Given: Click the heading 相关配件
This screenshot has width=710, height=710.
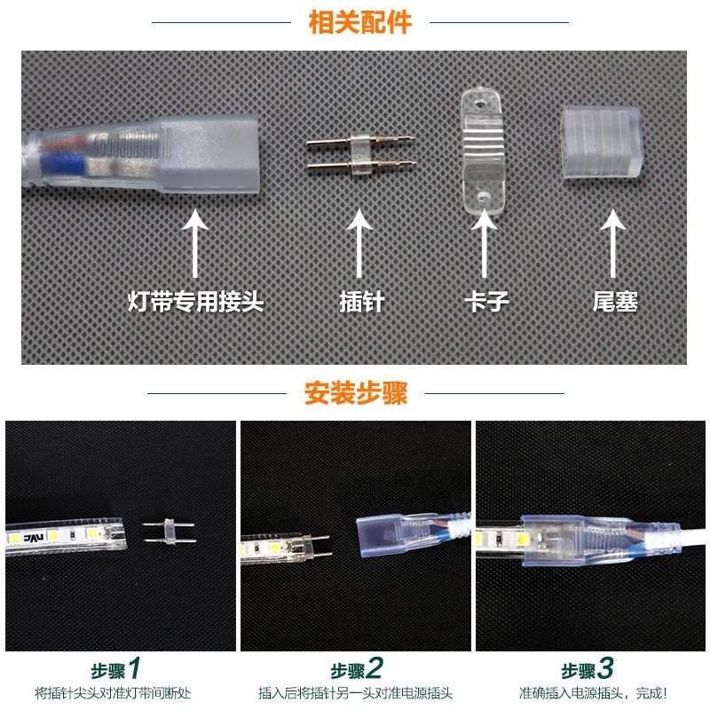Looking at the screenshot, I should coord(359,22).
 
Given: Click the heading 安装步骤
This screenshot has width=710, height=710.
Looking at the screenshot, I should coord(356,393).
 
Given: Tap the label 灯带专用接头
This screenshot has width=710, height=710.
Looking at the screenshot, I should coord(195,302).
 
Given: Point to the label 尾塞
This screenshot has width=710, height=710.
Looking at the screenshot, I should coord(615,302).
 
